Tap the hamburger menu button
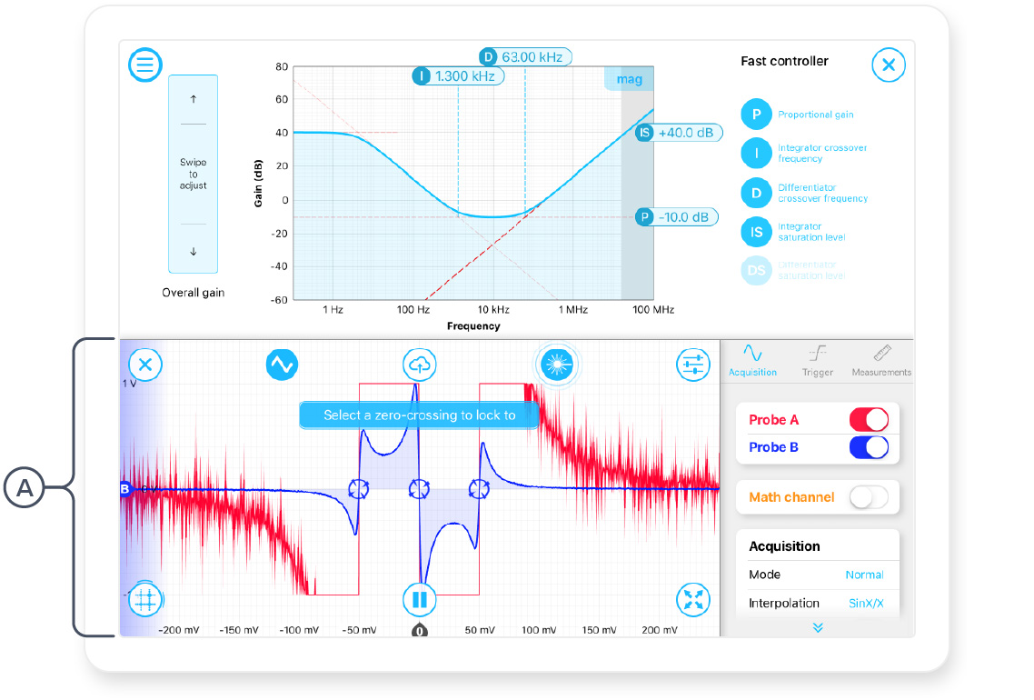coord(145,65)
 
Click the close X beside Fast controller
coord(888,65)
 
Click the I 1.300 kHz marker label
coord(459,76)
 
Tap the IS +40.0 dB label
coord(679,133)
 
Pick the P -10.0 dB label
coord(678,217)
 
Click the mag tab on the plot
coord(629,79)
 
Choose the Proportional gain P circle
coord(756,115)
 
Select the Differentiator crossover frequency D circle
coord(756,193)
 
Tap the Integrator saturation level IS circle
coord(756,232)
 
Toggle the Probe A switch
coord(868,419)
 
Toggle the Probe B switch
coord(868,447)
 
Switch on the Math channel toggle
coord(868,496)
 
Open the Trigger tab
coord(818,360)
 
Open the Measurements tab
coord(881,360)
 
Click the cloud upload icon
coord(419,365)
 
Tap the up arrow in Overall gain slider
coord(193,98)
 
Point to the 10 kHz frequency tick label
coord(492,310)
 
